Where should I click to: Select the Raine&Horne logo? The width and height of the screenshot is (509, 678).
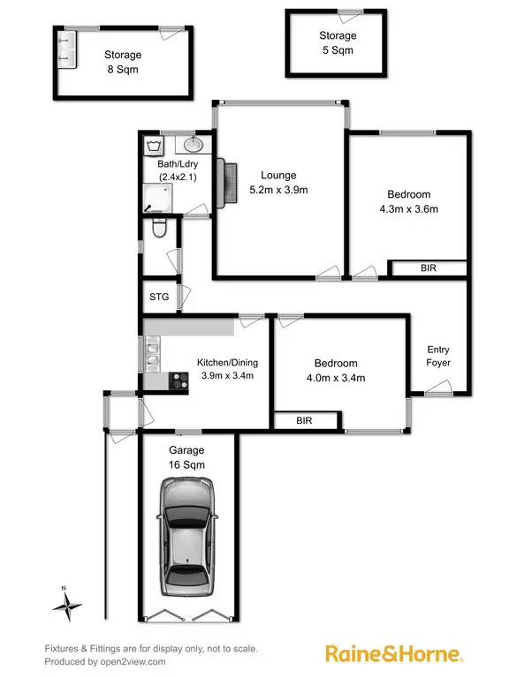pos(394,654)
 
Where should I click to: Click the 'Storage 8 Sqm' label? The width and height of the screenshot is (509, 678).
pos(122,61)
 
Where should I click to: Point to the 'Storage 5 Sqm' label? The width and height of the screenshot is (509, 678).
pos(338,43)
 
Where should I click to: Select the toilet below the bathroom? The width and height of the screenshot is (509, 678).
pos(158,230)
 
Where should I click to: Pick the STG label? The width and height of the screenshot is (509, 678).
pos(159,297)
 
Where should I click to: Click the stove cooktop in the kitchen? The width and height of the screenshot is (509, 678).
pos(178,381)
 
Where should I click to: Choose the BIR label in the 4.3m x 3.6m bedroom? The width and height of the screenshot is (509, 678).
pos(429,267)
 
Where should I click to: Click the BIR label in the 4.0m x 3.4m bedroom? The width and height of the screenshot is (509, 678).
pos(305,421)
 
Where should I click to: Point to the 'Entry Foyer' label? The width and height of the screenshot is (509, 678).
pos(438,356)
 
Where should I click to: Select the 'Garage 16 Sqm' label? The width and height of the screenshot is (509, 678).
pos(186,456)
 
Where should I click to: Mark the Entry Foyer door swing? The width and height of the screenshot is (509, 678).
pos(438,386)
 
